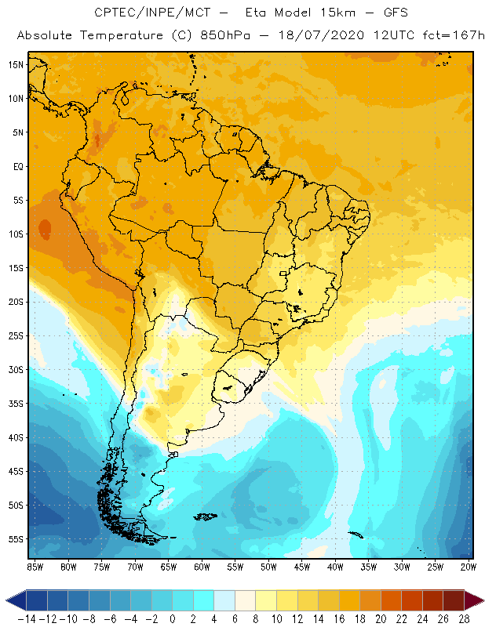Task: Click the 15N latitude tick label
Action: tap(15, 64)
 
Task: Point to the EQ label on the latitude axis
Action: tap(16, 166)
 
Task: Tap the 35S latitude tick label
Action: tap(15, 404)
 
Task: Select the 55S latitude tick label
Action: tap(15, 539)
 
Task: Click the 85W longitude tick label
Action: tap(35, 567)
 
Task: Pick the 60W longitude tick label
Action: tap(202, 567)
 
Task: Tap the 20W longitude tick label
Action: tap(469, 567)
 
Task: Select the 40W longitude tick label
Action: tap(335, 567)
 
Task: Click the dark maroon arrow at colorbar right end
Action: tap(473, 600)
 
